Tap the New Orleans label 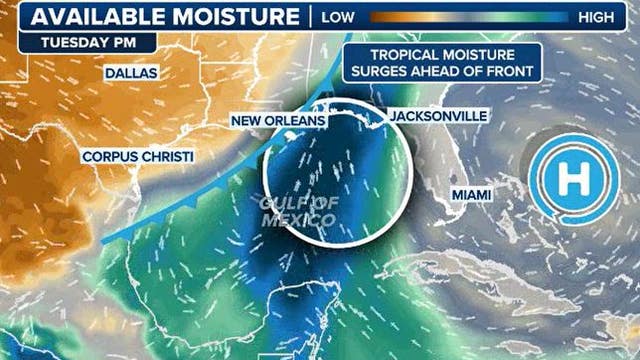279,121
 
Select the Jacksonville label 438,116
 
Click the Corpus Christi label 138,157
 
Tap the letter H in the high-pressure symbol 573,181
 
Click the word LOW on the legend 337,17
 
